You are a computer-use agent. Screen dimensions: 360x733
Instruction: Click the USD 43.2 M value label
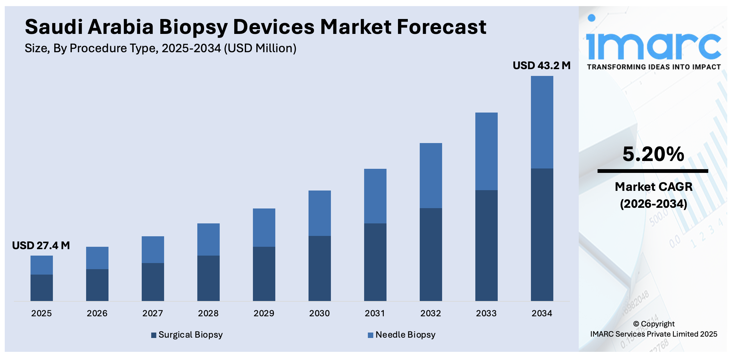pos(541,65)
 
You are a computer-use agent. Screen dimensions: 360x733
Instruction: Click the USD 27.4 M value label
pos(41,245)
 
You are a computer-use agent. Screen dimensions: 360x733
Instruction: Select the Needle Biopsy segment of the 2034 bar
pos(542,122)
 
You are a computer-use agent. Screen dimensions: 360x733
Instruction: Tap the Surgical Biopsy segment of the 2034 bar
pos(542,235)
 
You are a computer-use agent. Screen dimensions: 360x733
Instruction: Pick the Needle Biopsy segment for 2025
pos(42,265)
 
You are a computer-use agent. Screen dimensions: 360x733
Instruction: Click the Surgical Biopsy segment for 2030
pos(319,268)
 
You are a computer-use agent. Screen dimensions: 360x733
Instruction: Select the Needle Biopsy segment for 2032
pos(431,175)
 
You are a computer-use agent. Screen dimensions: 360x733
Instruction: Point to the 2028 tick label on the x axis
pos(208,313)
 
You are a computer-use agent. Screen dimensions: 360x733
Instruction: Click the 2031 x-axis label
pos(375,313)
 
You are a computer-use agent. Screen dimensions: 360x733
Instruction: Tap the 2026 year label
pos(97,313)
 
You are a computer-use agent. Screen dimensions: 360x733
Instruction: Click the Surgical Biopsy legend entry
pos(187,335)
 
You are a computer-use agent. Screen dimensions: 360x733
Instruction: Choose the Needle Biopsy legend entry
pos(402,335)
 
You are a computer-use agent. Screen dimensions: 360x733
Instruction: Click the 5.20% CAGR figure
pos(653,154)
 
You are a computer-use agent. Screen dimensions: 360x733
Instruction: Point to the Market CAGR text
pos(653,187)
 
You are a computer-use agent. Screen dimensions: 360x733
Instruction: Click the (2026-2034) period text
pos(653,204)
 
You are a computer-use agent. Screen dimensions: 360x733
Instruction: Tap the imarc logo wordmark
pos(653,46)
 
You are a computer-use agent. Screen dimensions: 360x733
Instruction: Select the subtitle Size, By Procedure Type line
pos(160,48)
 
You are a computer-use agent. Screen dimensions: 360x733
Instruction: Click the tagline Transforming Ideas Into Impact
pos(653,67)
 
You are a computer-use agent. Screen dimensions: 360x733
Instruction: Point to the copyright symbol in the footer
pos(636,324)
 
